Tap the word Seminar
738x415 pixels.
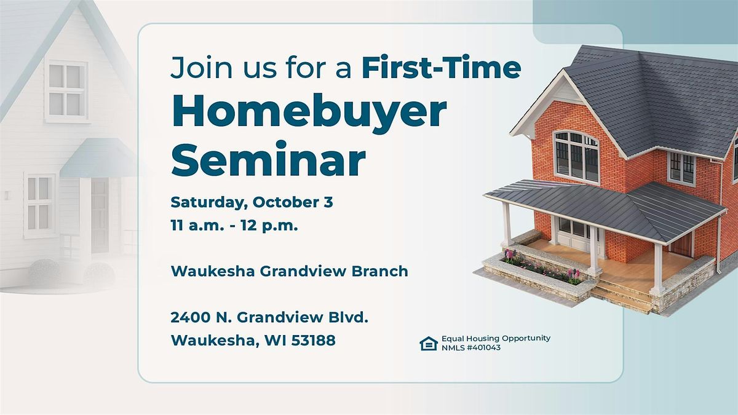click(x=269, y=159)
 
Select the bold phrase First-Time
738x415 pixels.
click(x=442, y=68)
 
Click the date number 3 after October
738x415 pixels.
click(x=328, y=202)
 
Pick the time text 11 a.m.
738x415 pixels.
click(x=197, y=226)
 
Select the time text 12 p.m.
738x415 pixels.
click(x=269, y=226)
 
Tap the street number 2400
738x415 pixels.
click(x=190, y=317)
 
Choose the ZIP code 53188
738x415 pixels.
click(x=313, y=340)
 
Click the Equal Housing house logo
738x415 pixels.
click(x=429, y=343)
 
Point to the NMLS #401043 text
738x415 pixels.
click(x=471, y=347)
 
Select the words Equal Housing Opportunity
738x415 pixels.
click(x=496, y=339)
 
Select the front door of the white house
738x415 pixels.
click(x=100, y=216)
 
